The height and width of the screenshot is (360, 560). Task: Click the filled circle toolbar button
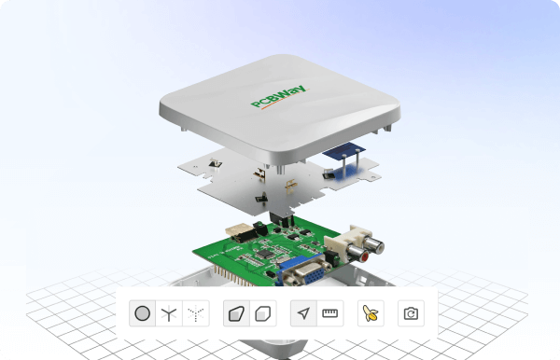142,313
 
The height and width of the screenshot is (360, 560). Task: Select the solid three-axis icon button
169,313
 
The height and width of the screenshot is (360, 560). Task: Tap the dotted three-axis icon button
196,313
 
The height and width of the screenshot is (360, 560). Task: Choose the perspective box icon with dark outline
236,313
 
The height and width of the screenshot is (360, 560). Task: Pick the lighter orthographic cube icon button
263,313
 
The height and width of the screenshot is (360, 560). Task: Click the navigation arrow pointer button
303,313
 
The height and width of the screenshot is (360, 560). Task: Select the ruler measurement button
330,313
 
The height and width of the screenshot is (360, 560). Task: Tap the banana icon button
371,313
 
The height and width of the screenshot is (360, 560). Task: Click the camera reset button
411,313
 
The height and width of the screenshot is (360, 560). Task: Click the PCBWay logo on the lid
278,97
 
